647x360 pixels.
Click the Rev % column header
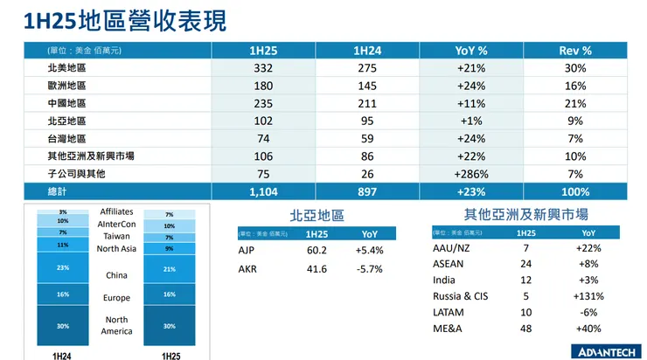[574, 51]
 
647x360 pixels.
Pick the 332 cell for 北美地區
[263, 69]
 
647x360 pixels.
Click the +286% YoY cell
[471, 174]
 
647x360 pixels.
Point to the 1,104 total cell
[263, 191]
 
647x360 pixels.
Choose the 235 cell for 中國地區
[263, 104]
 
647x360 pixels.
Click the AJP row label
[247, 251]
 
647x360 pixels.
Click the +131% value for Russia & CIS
[588, 296]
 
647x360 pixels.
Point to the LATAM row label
[449, 312]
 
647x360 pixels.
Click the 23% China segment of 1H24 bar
[63, 268]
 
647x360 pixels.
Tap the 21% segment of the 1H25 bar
[169, 269]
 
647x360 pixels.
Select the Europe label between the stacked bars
[116, 298]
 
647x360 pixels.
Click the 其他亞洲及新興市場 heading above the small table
[525, 214]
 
